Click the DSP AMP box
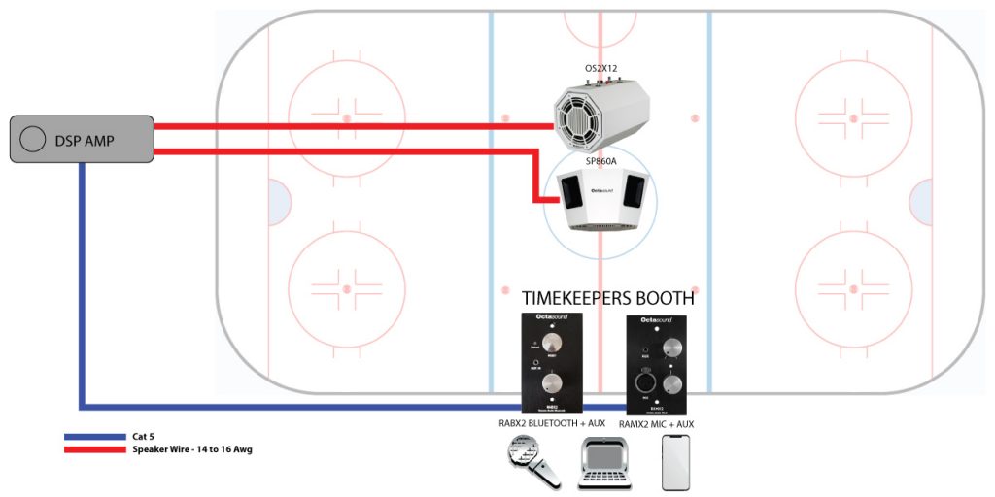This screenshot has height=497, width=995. coord(83,140)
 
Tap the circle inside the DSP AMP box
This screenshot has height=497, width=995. coord(32,140)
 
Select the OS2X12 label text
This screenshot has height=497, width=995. coord(600,68)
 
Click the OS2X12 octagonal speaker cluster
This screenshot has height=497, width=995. coord(599,114)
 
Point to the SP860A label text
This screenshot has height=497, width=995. coord(600,161)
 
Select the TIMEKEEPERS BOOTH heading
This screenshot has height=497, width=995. coord(608,297)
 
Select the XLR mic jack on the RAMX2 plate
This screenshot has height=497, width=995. coord(644,381)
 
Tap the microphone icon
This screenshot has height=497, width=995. coord(532,461)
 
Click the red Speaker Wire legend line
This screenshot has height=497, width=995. coord(95,449)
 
